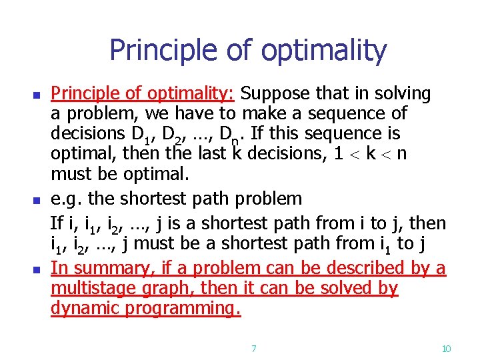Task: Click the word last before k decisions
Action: (x=211, y=155)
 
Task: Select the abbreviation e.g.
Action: (x=67, y=198)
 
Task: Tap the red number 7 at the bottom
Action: (x=253, y=349)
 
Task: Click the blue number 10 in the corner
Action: (x=447, y=349)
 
